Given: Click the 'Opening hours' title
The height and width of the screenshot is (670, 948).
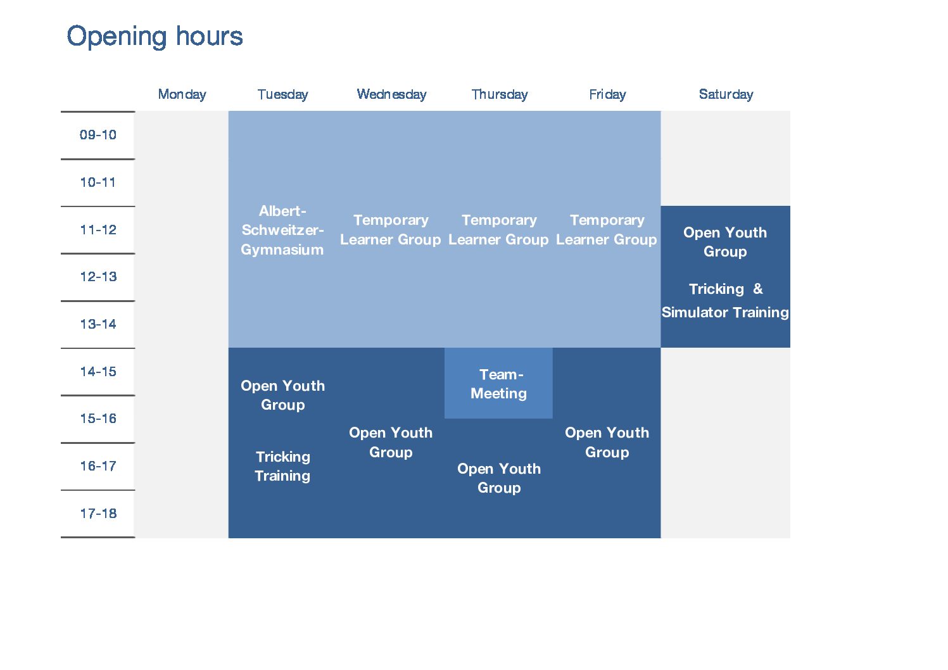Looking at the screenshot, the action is tap(155, 37).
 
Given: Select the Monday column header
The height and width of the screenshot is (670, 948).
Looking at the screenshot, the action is tap(182, 94).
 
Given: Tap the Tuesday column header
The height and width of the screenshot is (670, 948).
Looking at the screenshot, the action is tap(282, 94).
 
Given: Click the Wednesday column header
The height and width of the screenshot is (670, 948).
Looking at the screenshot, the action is tap(391, 94).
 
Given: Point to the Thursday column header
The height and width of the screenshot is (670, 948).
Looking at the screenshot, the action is tap(500, 94).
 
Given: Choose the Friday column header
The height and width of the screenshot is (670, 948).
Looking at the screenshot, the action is tap(607, 94).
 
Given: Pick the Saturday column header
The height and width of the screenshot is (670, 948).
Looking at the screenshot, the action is tap(726, 94).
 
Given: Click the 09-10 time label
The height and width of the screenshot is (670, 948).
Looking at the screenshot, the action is tap(98, 135).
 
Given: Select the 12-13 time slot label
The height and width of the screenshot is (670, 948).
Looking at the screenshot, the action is tap(98, 277).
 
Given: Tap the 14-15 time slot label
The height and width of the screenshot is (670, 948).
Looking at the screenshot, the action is tap(98, 372).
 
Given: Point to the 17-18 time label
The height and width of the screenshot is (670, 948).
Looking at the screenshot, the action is tap(98, 514).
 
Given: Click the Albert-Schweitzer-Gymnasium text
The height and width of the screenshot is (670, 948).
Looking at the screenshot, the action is tap(282, 231).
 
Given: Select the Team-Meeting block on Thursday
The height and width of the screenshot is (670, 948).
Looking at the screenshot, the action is tap(498, 383).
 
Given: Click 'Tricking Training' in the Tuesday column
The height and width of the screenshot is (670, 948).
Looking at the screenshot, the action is tap(282, 466).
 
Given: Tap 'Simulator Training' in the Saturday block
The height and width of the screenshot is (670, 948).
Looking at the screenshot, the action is tap(725, 312).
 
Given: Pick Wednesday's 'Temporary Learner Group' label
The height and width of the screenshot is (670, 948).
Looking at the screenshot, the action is tap(391, 230).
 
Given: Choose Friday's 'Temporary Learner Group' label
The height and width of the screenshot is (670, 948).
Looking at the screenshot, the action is tap(607, 230).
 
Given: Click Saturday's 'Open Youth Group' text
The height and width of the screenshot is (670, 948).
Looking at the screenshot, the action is tap(725, 242).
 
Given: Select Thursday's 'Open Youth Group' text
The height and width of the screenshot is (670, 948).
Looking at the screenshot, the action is tap(499, 478).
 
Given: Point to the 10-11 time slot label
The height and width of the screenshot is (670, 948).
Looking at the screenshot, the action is tap(98, 182).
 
